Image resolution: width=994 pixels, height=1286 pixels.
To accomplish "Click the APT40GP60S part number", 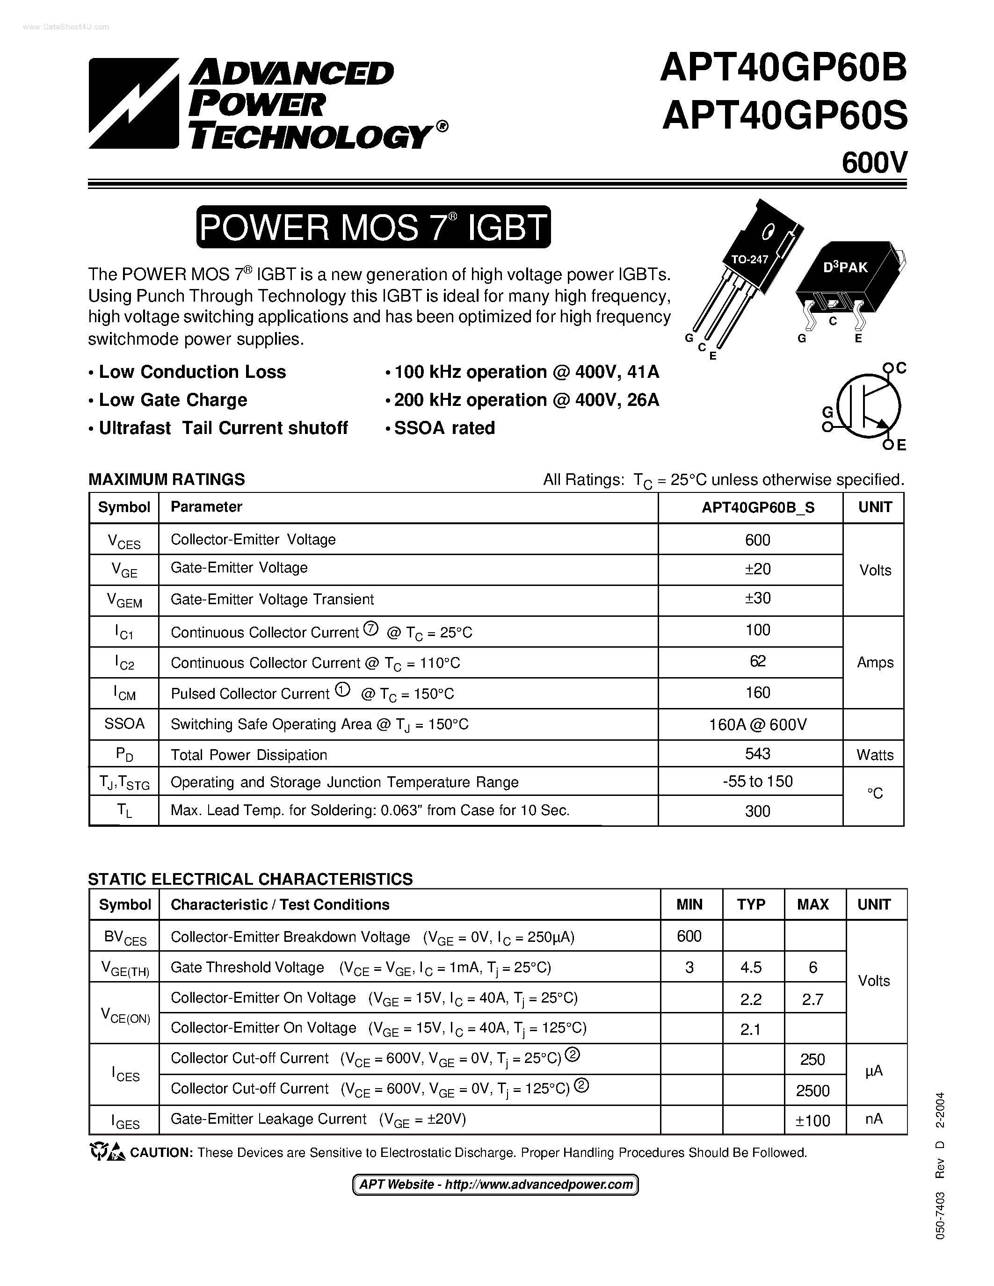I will [x=784, y=116].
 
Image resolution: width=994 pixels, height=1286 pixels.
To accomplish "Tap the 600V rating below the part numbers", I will [x=874, y=163].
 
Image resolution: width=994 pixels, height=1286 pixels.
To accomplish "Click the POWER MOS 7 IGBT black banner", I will [x=373, y=227].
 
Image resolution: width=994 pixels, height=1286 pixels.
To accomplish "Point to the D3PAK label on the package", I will [x=845, y=267].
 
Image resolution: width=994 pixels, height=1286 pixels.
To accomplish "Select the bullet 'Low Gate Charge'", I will [x=173, y=400].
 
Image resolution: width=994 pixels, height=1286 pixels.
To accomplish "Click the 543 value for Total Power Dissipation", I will [x=757, y=754].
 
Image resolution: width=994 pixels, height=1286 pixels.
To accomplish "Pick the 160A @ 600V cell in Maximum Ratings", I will [x=757, y=724].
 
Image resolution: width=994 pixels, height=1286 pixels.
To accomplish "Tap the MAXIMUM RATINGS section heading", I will [x=167, y=479].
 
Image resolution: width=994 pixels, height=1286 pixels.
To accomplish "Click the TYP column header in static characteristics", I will [x=751, y=904].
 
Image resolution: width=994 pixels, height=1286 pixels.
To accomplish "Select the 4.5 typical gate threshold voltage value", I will [x=751, y=968].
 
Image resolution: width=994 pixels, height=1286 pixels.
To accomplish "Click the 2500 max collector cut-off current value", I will [x=813, y=1091].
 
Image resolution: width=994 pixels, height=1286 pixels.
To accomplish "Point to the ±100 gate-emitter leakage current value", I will [x=813, y=1120].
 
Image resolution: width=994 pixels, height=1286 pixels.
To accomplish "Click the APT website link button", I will [x=495, y=1185].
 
